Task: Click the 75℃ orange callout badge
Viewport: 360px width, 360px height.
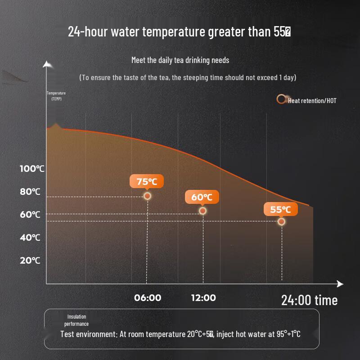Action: pyautogui.click(x=147, y=181)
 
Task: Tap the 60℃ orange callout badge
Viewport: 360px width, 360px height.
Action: pyautogui.click(x=202, y=197)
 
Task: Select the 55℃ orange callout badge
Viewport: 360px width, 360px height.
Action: pyautogui.click(x=281, y=209)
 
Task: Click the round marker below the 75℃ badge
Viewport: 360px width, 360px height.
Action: pyautogui.click(x=147, y=196)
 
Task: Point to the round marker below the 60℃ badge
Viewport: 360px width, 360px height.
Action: pyautogui.click(x=202, y=211)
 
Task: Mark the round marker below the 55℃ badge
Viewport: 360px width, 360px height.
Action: pyautogui.click(x=281, y=221)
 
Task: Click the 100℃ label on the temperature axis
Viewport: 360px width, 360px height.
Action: pyautogui.click(x=32, y=169)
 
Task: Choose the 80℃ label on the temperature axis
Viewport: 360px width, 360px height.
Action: pyautogui.click(x=30, y=192)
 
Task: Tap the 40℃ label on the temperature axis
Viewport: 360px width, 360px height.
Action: pyautogui.click(x=30, y=238)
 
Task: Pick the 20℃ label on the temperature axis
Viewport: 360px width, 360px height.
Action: pyautogui.click(x=30, y=261)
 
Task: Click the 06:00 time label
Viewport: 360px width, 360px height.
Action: pyautogui.click(x=148, y=298)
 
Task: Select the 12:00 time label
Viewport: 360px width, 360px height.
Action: pyautogui.click(x=203, y=298)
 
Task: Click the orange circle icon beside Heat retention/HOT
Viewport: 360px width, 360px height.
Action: pyautogui.click(x=281, y=99)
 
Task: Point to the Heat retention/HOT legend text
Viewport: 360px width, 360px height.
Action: pyautogui.click(x=312, y=100)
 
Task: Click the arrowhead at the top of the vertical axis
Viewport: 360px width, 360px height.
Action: pyautogui.click(x=47, y=64)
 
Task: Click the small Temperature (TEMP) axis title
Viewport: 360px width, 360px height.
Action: pyautogui.click(x=56, y=96)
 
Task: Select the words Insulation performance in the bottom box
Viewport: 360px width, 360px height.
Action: pyautogui.click(x=76, y=320)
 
